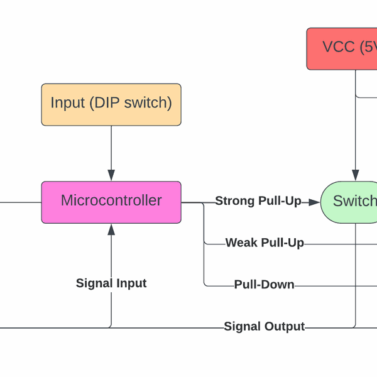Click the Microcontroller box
point(111,202)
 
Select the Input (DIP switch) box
point(111,104)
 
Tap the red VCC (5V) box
point(342,48)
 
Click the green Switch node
point(350,201)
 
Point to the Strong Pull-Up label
point(258,201)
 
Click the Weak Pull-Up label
point(265,243)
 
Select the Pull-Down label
point(264,285)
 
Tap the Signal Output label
point(264,327)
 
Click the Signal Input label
point(111,283)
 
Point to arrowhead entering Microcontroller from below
point(111,229)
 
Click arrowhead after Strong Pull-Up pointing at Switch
point(314,202)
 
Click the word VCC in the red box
point(339,47)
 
